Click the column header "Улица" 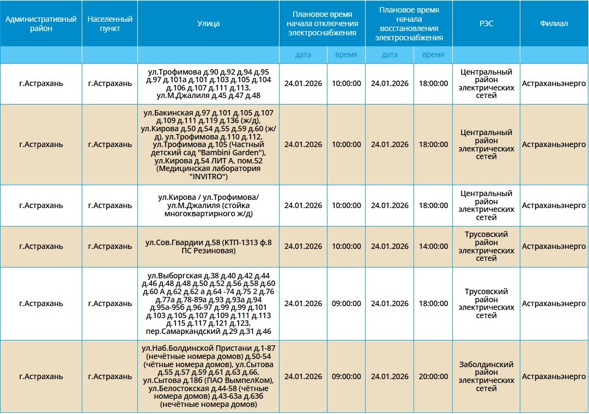click(x=208, y=23)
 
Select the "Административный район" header click(x=41, y=23)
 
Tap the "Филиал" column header click(x=554, y=23)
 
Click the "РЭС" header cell click(x=486, y=23)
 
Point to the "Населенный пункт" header click(x=110, y=23)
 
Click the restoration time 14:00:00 click(x=433, y=246)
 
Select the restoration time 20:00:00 click(x=433, y=376)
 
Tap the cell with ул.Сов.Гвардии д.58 click(x=208, y=246)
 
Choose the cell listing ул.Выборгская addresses click(x=208, y=303)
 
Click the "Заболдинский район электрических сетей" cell click(x=486, y=376)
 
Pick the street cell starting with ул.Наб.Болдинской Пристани click(x=208, y=376)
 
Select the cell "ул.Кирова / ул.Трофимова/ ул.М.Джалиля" click(x=208, y=205)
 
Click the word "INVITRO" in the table click(x=208, y=176)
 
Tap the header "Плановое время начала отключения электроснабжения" click(x=322, y=23)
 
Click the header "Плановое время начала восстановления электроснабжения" click(x=409, y=23)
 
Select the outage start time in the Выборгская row click(x=346, y=303)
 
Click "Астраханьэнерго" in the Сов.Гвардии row click(x=554, y=246)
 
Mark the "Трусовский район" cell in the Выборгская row click(x=486, y=303)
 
